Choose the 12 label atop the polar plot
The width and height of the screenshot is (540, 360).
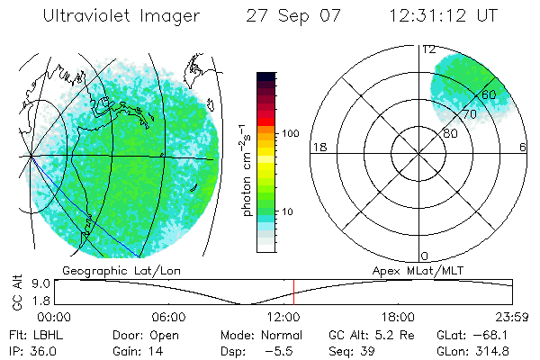pos(429,49)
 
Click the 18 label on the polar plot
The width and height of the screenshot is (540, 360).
pos(319,148)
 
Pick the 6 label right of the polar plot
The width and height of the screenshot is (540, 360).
pos(523,148)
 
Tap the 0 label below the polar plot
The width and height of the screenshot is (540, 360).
pos(425,256)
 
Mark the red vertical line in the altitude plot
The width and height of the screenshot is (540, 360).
pos(293,292)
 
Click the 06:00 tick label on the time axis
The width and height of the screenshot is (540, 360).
pos(168,317)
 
